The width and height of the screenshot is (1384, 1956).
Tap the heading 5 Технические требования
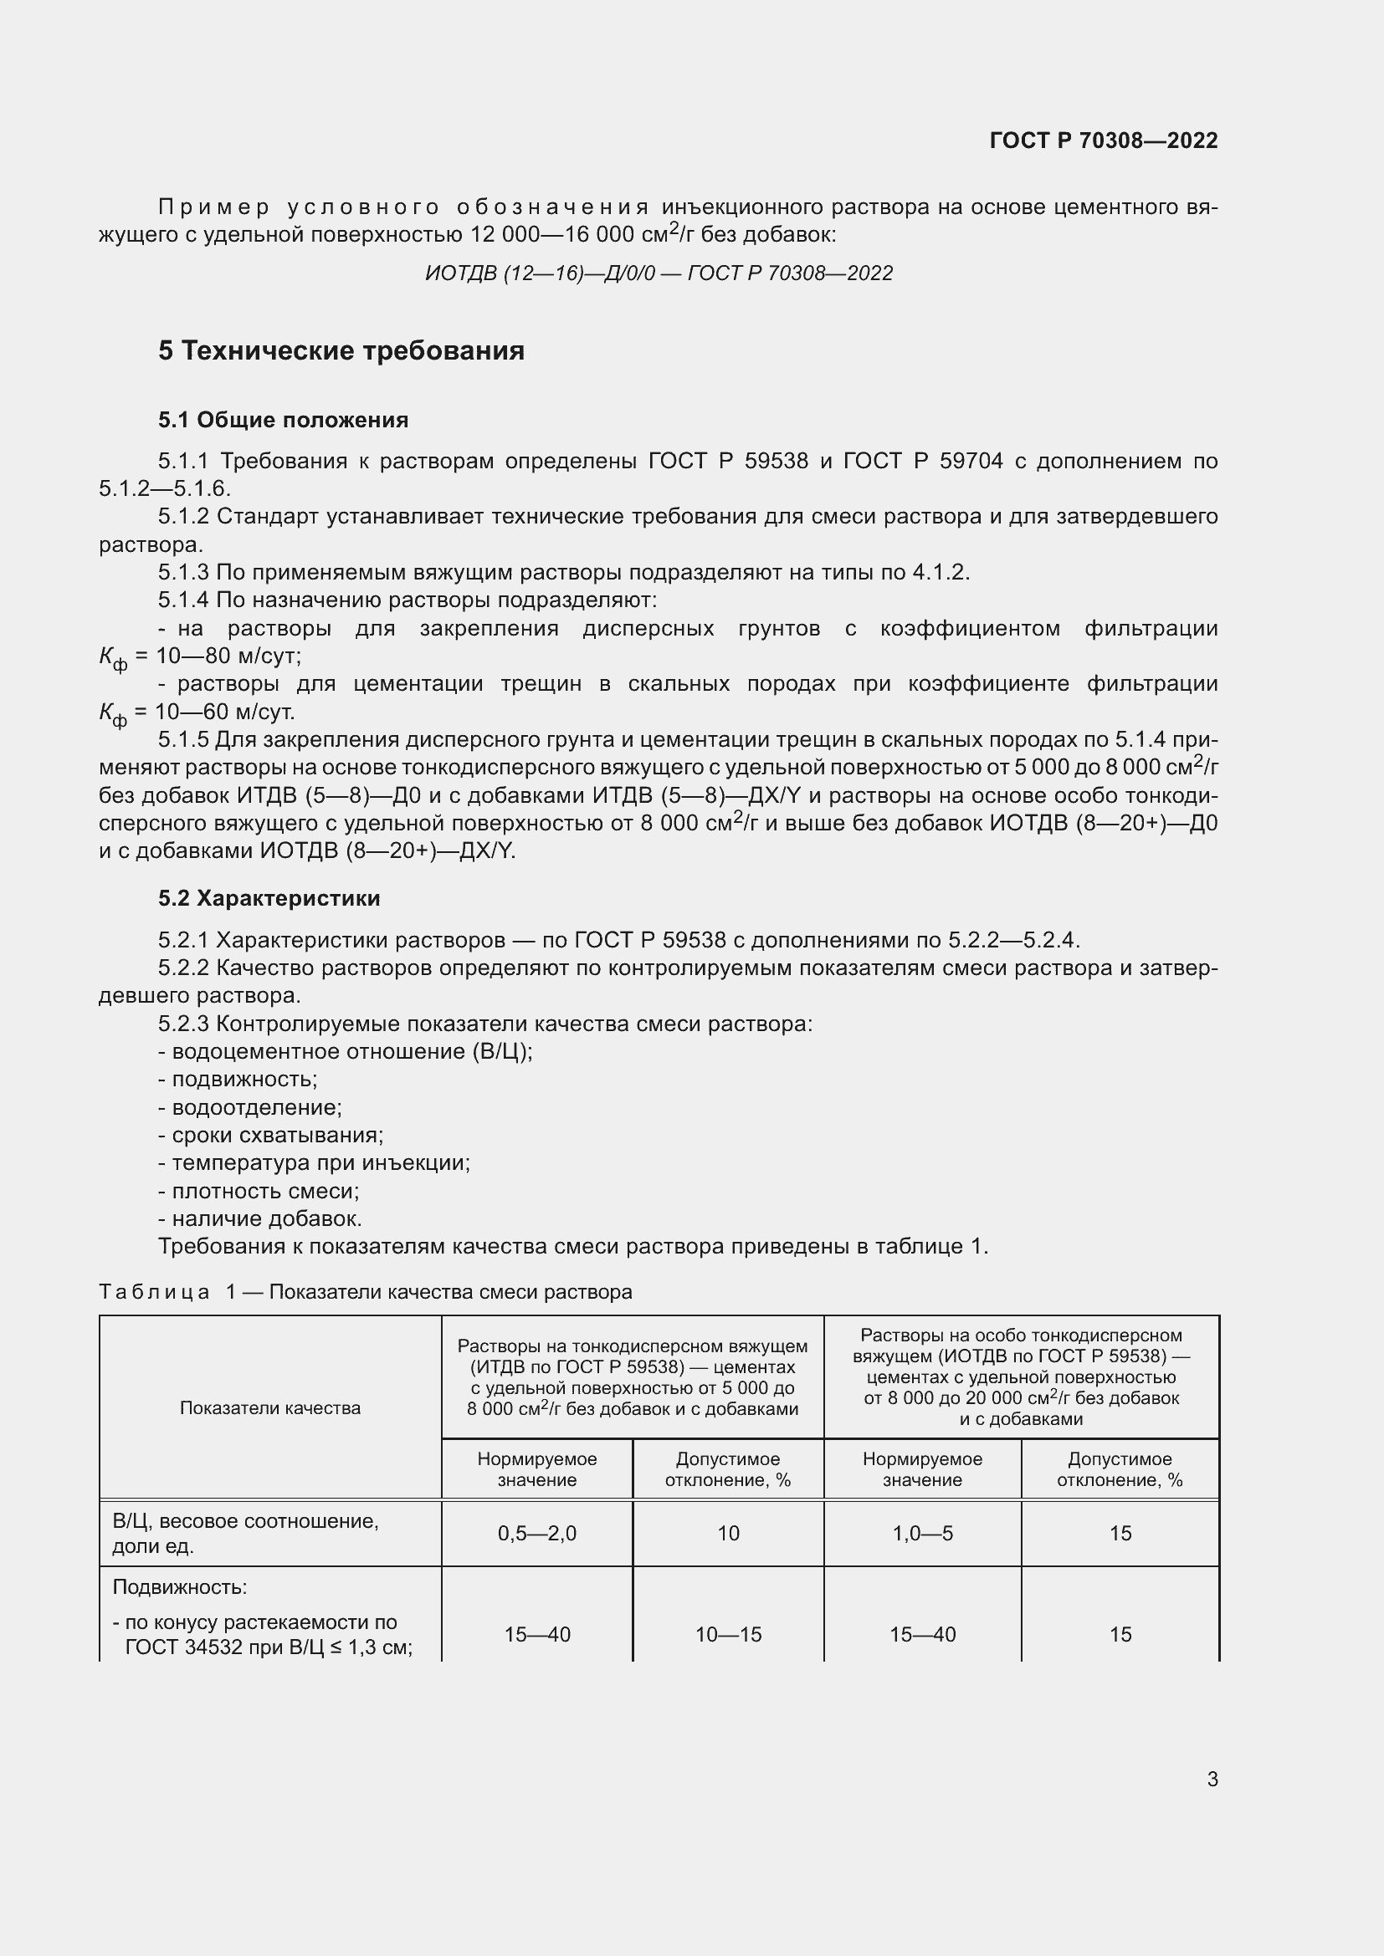point(341,351)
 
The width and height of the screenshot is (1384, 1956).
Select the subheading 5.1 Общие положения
point(283,420)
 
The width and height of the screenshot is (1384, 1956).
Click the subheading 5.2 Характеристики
point(269,899)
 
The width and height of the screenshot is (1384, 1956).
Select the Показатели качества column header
point(270,1408)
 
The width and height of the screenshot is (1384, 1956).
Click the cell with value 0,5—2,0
point(537,1534)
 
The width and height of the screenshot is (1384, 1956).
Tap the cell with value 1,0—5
point(922,1534)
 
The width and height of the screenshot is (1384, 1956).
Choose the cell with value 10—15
point(728,1635)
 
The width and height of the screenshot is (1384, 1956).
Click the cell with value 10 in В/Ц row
point(728,1534)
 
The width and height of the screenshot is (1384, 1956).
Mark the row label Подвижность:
point(180,1588)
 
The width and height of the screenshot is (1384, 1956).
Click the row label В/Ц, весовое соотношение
point(245,1521)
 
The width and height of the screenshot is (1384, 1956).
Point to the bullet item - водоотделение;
point(249,1107)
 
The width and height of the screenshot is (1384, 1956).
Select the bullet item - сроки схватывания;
point(271,1136)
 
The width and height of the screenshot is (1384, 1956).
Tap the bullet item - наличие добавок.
point(260,1219)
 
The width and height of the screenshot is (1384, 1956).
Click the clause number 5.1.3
point(183,573)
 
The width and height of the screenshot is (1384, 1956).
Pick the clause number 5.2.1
point(183,941)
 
